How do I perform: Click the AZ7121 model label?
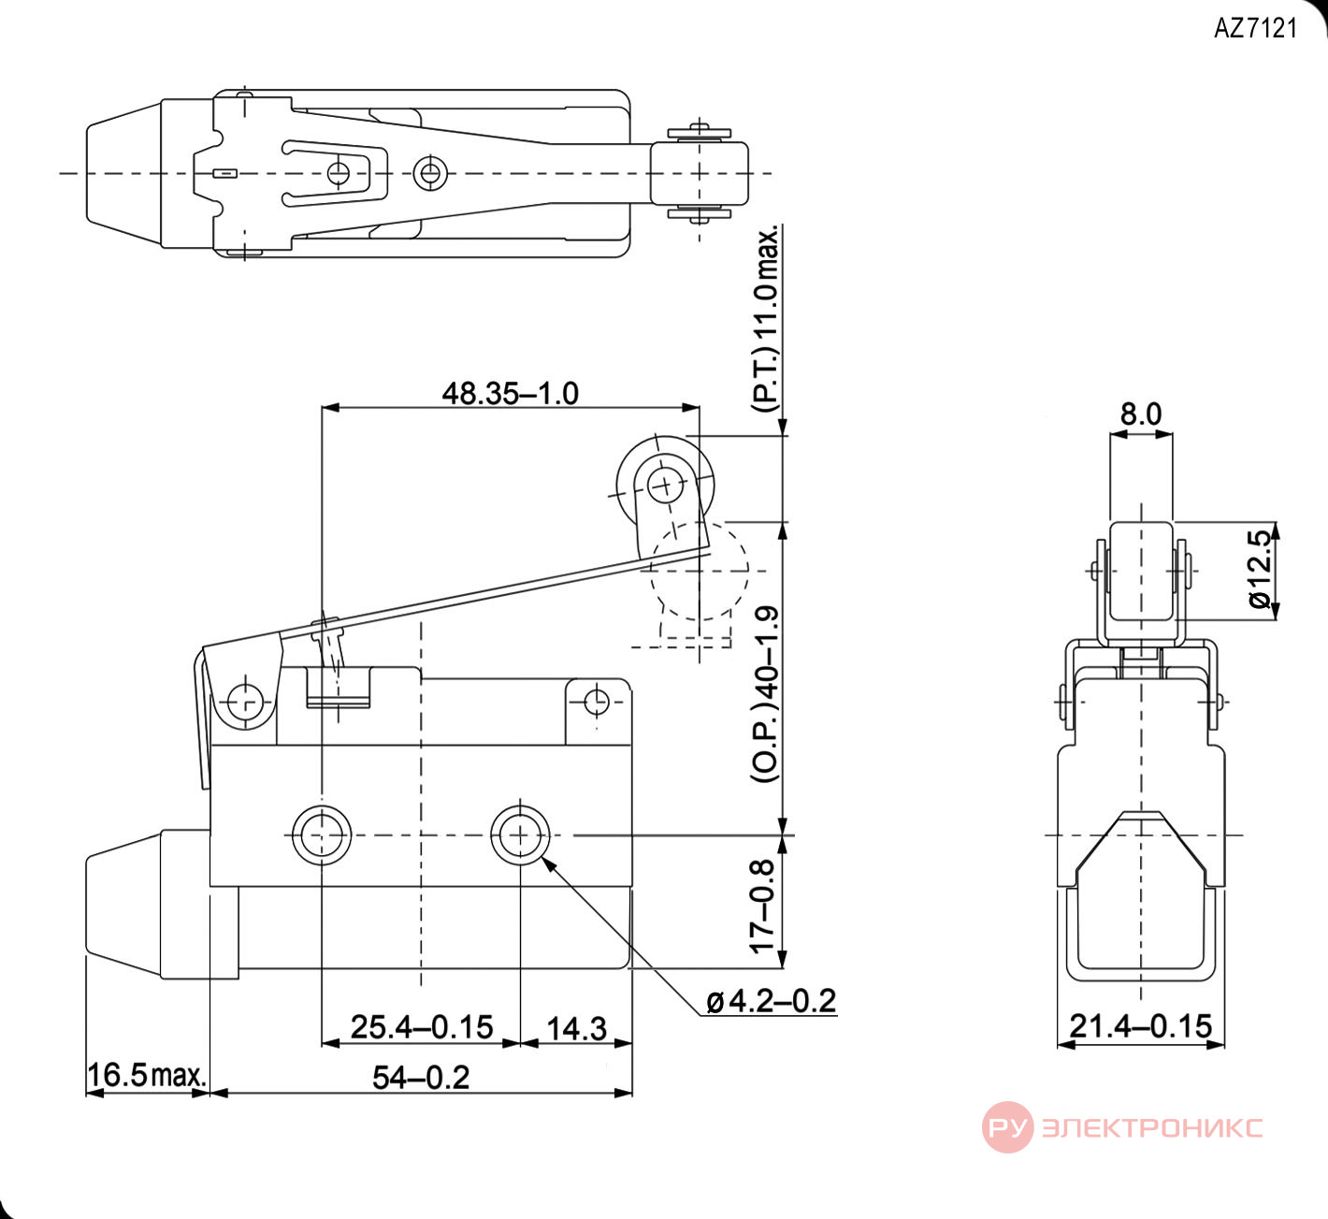(1255, 28)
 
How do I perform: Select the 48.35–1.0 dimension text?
(511, 394)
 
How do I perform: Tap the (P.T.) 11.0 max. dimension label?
(767, 319)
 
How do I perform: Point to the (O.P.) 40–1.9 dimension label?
(767, 694)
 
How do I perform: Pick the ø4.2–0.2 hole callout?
(772, 1001)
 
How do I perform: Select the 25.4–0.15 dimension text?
(422, 1027)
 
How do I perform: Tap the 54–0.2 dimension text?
(421, 1077)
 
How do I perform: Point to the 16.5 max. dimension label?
(147, 1075)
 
